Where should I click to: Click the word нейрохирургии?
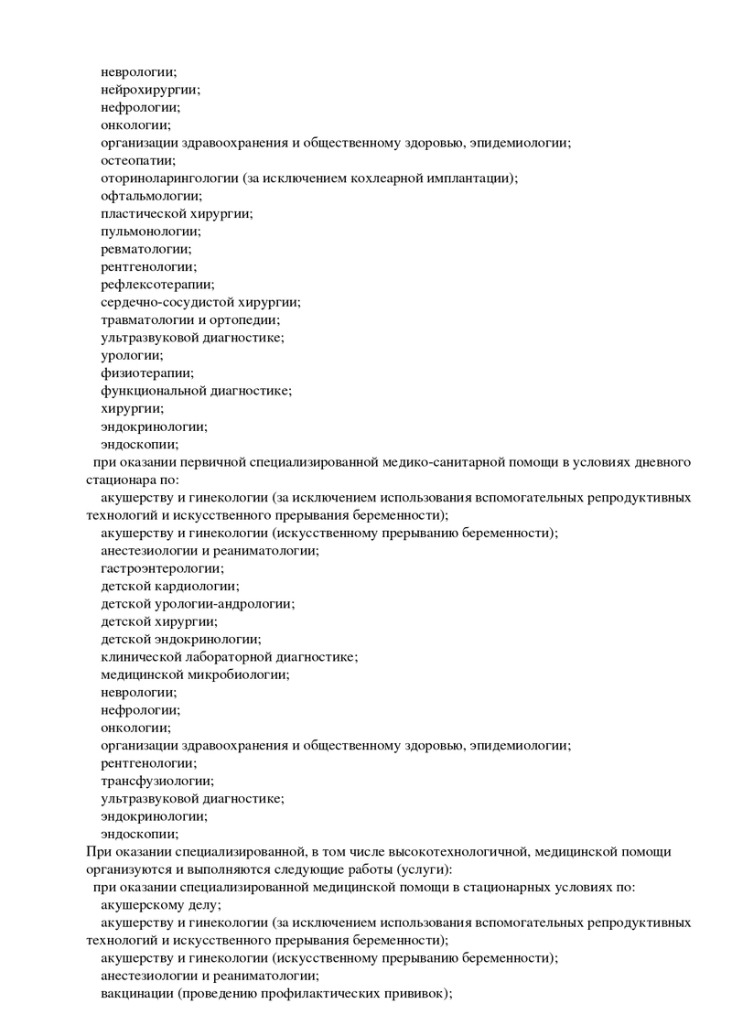(149, 90)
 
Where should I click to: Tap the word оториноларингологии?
(169, 178)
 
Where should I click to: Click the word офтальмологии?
(150, 196)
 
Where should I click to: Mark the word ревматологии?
(145, 249)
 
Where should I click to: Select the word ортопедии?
(244, 319)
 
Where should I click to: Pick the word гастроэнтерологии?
(161, 568)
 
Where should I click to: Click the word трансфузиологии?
(156, 781)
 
